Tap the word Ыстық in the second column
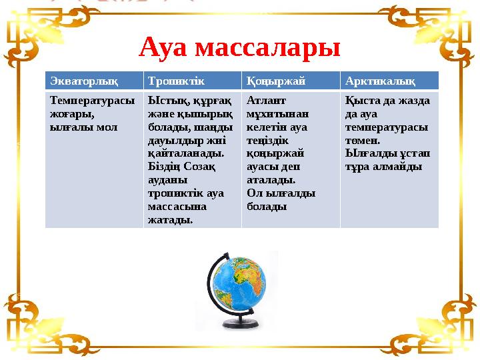pos(163,101)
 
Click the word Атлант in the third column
pos(266,101)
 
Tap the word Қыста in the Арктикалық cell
pos(360,101)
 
